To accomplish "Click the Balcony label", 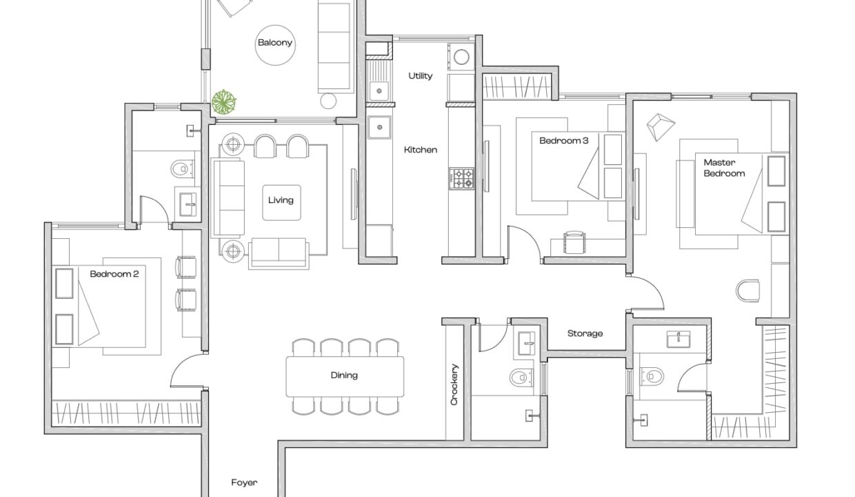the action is (x=275, y=42).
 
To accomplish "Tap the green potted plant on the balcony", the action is (x=224, y=102).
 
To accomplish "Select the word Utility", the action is (x=420, y=76).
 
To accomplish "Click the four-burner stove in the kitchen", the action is (x=461, y=178).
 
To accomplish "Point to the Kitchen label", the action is (x=421, y=150).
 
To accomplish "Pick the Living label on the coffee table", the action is (x=281, y=200).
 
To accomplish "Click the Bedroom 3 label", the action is (x=564, y=141).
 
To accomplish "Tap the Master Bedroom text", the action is (x=724, y=168).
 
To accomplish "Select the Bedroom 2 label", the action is (x=114, y=274).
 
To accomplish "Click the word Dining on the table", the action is (x=344, y=375).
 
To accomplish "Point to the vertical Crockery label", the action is (x=454, y=384).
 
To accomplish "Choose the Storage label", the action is (x=585, y=333).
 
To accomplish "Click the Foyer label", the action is (x=244, y=483).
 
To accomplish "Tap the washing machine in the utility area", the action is (x=461, y=57).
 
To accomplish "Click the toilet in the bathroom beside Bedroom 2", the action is (x=183, y=168).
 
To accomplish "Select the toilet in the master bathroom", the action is (x=652, y=376).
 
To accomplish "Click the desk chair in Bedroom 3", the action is (x=574, y=242).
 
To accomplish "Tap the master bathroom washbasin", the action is (x=678, y=339).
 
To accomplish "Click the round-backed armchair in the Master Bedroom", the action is (x=747, y=291).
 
